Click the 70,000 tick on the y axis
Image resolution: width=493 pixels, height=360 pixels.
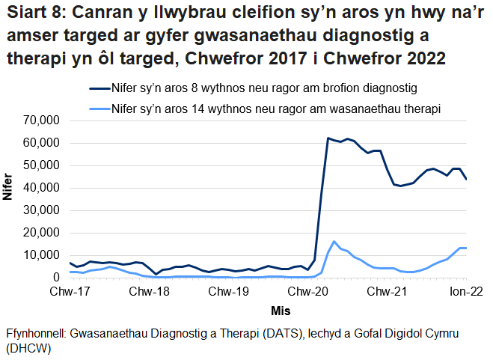(x=42, y=120)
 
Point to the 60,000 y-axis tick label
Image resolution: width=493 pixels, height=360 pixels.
(x=42, y=143)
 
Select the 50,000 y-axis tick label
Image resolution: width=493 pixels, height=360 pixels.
(x=42, y=165)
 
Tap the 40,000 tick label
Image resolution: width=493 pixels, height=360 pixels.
(x=42, y=188)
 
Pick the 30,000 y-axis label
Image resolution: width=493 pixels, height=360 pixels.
(x=42, y=210)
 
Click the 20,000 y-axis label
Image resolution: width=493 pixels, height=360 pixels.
(x=42, y=233)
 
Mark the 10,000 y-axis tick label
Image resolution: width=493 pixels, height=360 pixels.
(x=42, y=255)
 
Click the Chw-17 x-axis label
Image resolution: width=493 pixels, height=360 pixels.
(x=70, y=291)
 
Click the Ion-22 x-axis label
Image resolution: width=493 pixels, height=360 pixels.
(x=463, y=291)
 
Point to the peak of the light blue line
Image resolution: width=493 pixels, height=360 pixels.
(x=334, y=242)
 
